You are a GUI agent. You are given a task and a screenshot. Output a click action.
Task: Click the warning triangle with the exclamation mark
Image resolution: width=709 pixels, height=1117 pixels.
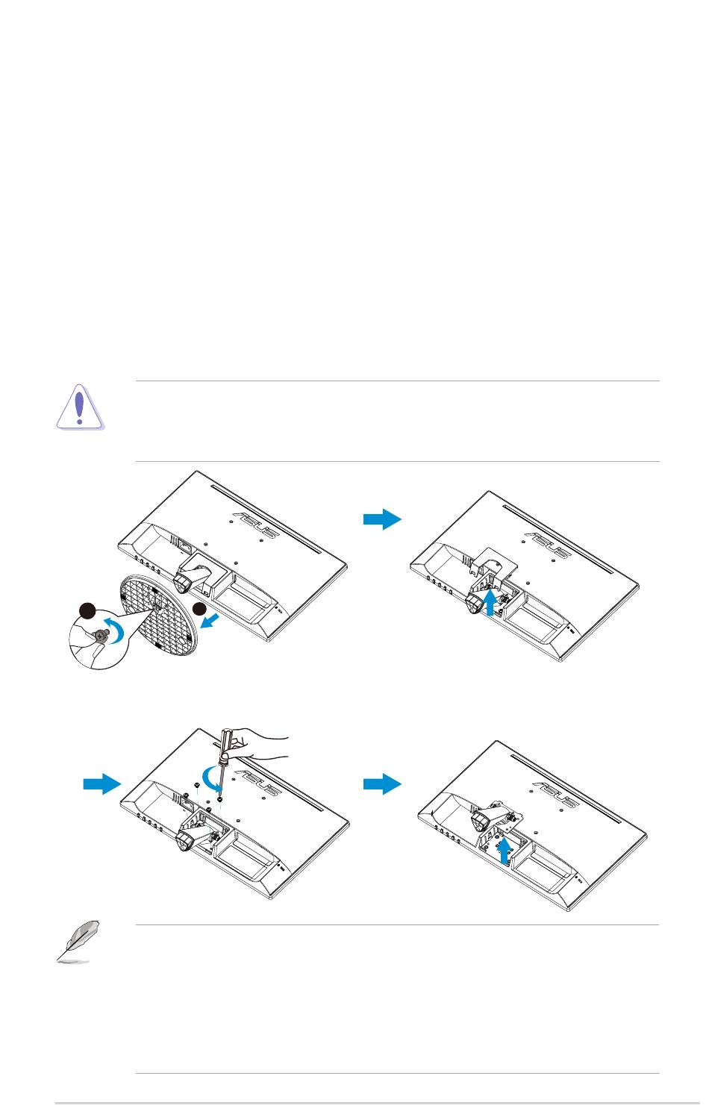80,407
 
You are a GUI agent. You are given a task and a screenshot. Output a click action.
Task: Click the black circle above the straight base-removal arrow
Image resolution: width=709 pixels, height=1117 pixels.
200,608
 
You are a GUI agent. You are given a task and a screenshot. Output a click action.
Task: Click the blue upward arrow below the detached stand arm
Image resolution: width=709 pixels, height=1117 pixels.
506,850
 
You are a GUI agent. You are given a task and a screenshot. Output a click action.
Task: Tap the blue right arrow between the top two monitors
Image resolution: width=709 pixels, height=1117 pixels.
382,519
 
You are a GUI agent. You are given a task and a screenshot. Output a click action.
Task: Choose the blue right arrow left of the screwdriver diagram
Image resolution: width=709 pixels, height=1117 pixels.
101,783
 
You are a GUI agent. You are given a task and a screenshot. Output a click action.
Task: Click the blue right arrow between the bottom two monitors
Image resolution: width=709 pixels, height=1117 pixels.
382,783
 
